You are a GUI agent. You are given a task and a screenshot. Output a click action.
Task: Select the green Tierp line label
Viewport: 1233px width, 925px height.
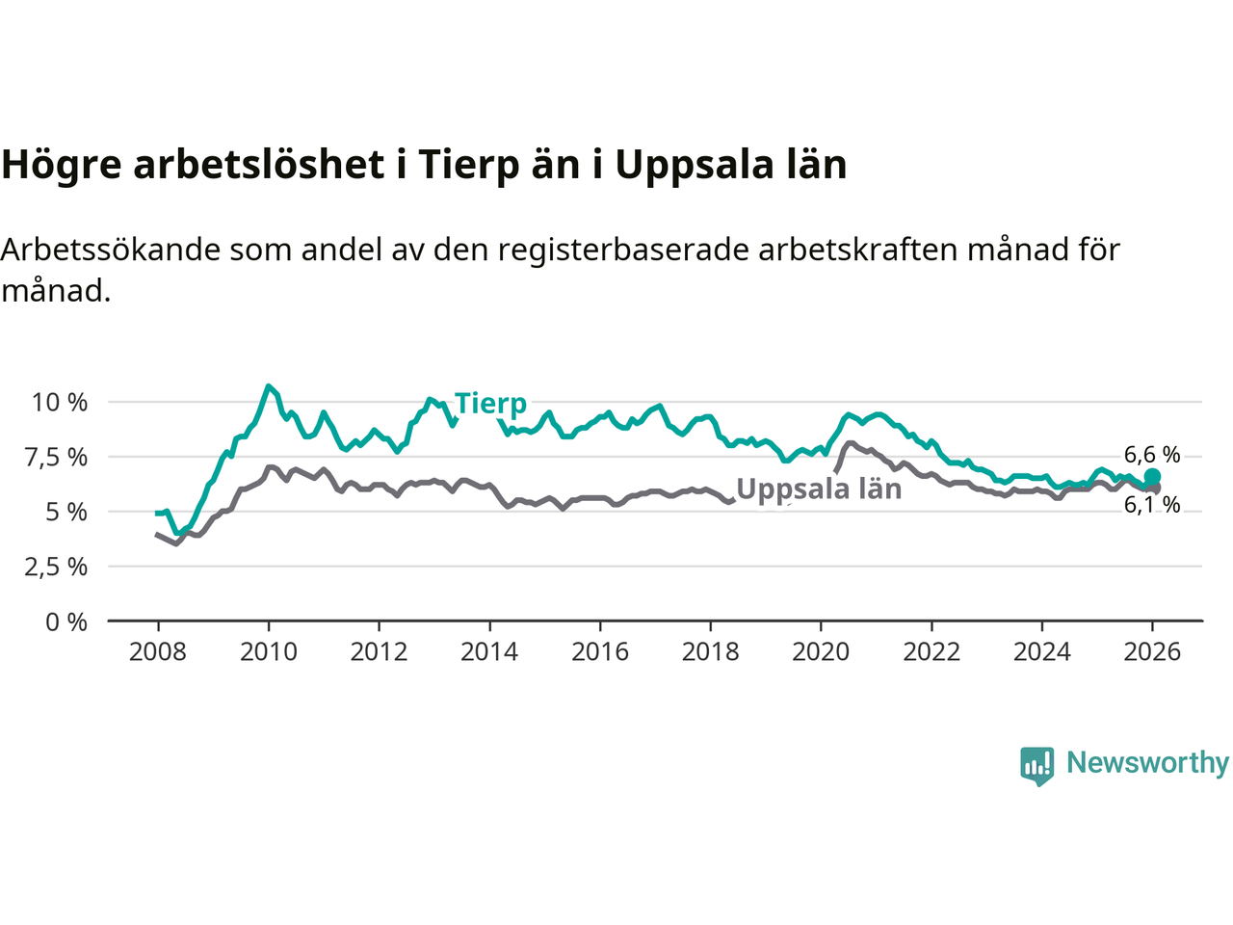pyautogui.click(x=490, y=403)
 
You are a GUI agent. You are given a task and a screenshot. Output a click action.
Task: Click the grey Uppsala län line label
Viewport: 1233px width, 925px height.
pyautogui.click(x=819, y=489)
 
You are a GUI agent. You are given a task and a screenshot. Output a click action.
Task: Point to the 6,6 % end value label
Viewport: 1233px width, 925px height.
pyautogui.click(x=1152, y=454)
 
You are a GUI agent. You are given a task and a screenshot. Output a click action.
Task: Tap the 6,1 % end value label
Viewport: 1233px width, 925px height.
pyautogui.click(x=1152, y=505)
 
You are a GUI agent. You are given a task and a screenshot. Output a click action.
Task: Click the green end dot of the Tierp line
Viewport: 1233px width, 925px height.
pyautogui.click(x=1152, y=477)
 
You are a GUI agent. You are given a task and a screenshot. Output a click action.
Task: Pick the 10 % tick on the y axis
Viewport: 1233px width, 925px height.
pyautogui.click(x=60, y=402)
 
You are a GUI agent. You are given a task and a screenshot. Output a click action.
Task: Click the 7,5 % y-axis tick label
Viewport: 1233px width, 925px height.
pyautogui.click(x=56, y=457)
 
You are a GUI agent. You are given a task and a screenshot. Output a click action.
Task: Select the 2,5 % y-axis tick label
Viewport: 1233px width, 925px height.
pyautogui.click(x=56, y=567)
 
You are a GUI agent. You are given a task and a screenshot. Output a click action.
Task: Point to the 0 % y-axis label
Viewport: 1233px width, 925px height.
pyautogui.click(x=66, y=621)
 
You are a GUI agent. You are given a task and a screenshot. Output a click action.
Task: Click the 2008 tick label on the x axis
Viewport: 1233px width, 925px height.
pyautogui.click(x=158, y=652)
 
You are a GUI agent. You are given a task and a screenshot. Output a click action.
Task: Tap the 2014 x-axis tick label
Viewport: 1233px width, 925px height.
pyautogui.click(x=489, y=652)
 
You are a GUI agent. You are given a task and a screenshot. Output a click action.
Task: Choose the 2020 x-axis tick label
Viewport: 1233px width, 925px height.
pyautogui.click(x=821, y=652)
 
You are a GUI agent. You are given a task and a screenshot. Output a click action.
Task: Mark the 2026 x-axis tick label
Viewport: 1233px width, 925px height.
pyautogui.click(x=1152, y=652)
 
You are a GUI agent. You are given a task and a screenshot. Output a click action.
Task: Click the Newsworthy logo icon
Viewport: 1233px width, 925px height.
pyautogui.click(x=1037, y=765)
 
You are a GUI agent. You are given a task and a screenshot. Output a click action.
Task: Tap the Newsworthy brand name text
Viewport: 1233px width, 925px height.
pyautogui.click(x=1147, y=762)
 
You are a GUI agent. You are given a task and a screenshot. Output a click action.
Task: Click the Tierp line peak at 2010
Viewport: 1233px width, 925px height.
pyautogui.click(x=269, y=386)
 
